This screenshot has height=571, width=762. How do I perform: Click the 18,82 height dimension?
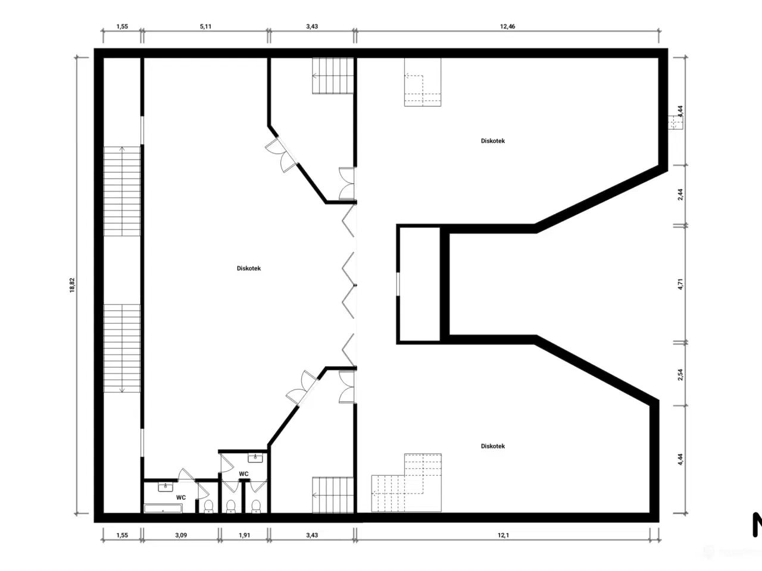(72, 285)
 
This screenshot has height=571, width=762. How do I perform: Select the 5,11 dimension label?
(205, 26)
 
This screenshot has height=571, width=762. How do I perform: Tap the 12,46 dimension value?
(507, 26)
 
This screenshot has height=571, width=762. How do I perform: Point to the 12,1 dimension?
(503, 535)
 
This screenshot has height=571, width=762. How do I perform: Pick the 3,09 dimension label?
(181, 535)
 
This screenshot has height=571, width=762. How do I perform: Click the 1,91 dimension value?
(245, 535)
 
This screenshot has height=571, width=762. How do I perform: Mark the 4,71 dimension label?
(680, 284)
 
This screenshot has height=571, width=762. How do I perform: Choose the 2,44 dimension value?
(680, 194)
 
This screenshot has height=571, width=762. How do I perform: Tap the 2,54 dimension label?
(680, 375)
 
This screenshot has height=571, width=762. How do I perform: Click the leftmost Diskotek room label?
(249, 268)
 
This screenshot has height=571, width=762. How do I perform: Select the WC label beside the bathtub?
(181, 497)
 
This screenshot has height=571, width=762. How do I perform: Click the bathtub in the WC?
(163, 509)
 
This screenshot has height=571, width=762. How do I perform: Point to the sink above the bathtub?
(165, 487)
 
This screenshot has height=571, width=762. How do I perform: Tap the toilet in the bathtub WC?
(208, 506)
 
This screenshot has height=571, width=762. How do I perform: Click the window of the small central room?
(398, 284)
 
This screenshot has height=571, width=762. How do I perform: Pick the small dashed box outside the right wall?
(676, 122)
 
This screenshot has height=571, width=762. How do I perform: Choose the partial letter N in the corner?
(757, 525)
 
